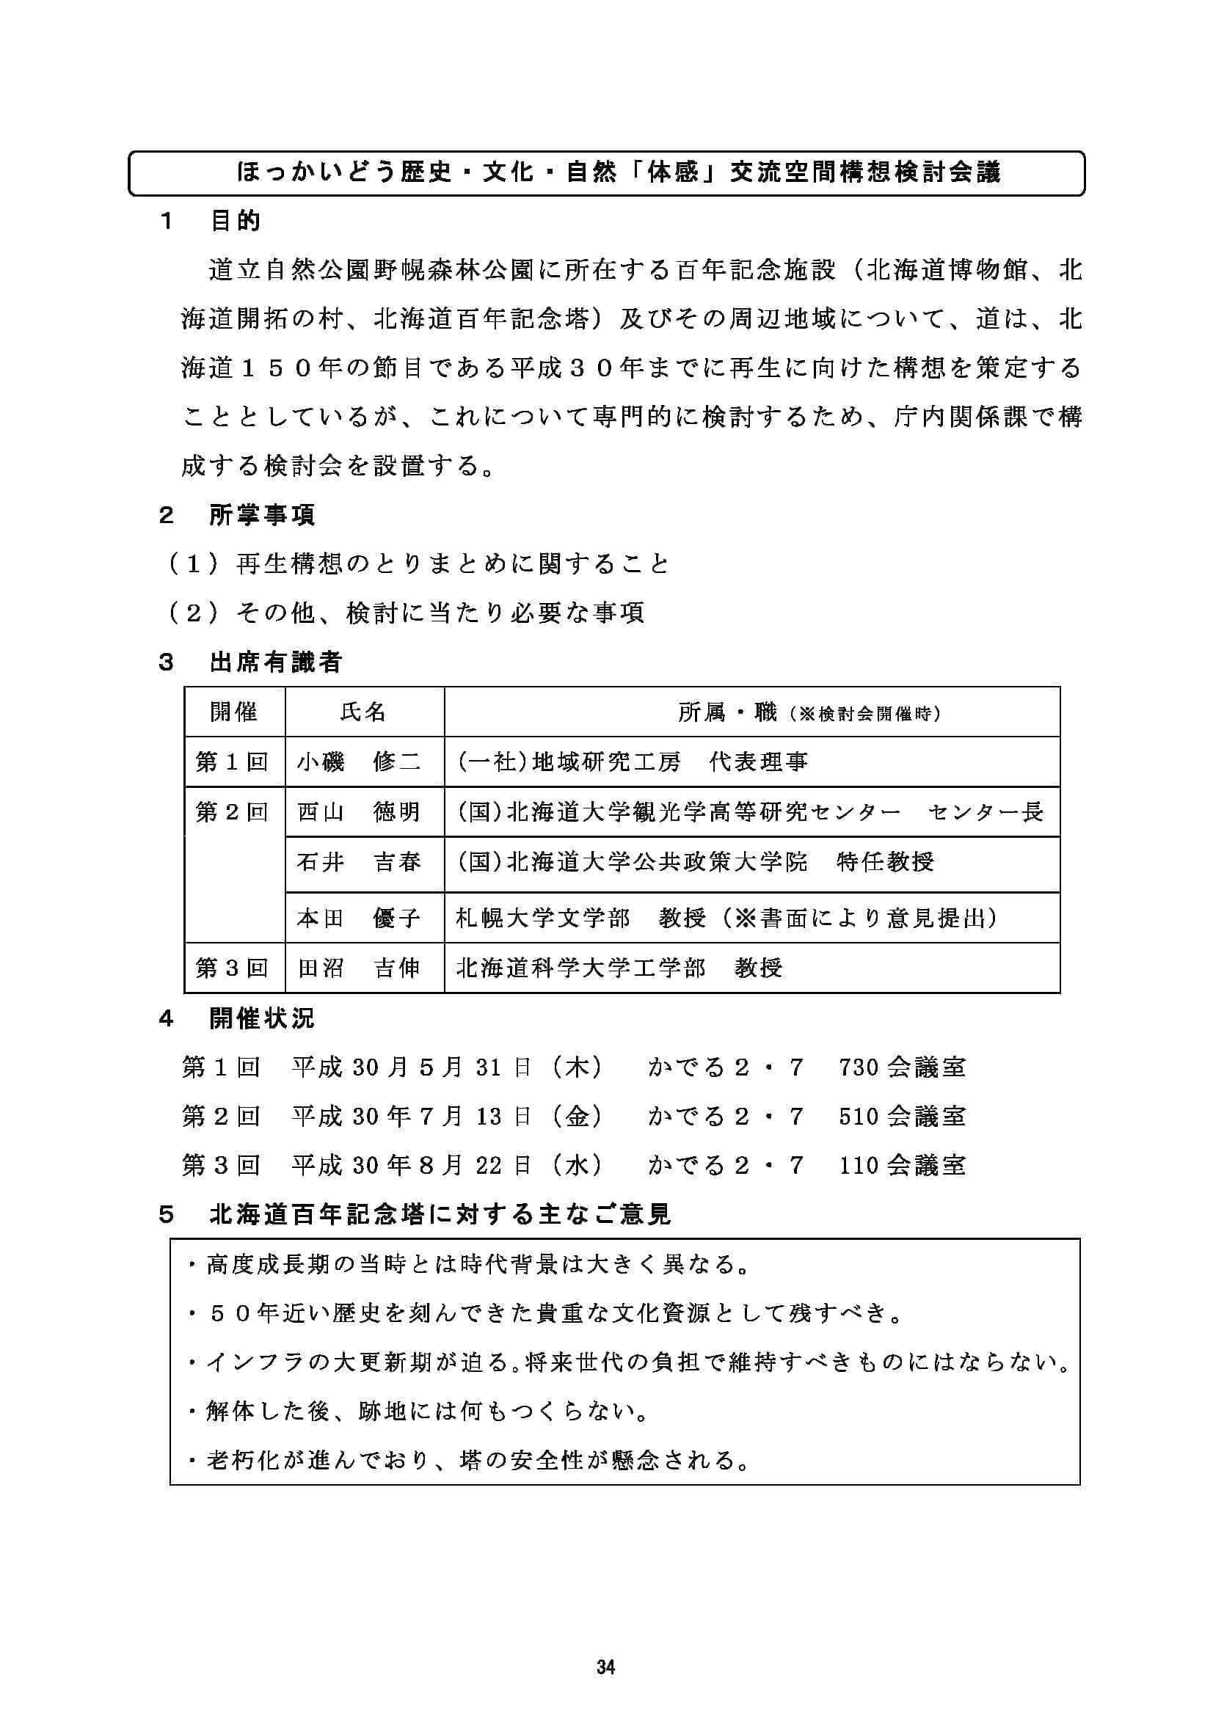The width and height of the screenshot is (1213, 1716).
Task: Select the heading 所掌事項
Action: point(261,515)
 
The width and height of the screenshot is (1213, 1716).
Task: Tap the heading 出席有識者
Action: point(275,662)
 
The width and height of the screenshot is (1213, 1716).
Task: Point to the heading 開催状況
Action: point(261,1019)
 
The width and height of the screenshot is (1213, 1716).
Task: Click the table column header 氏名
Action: point(363,712)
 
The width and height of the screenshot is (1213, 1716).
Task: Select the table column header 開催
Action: point(234,712)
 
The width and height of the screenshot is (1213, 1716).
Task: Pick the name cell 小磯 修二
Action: point(359,762)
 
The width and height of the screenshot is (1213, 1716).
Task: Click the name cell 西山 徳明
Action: point(359,812)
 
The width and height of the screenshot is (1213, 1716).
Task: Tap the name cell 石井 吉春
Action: point(359,863)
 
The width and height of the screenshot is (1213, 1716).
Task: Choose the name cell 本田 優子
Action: point(359,918)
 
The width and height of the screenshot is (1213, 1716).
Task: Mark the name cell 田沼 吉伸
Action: point(359,968)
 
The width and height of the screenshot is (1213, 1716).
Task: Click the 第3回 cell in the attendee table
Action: point(232,968)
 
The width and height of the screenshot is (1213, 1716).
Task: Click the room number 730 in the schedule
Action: point(859,1067)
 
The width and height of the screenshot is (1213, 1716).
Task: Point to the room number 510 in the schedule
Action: point(859,1117)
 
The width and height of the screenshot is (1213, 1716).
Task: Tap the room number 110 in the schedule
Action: point(859,1165)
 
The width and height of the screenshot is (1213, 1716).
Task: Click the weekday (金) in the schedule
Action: point(577,1117)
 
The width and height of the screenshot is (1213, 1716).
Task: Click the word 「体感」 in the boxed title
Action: point(671,173)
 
